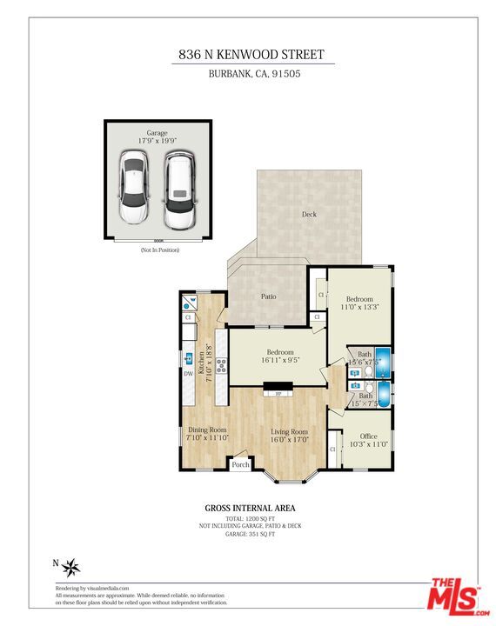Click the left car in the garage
(x=134, y=190)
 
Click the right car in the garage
(x=180, y=190)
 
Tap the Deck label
(x=309, y=214)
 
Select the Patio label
(x=269, y=296)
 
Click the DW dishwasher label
(x=188, y=374)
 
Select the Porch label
(x=240, y=464)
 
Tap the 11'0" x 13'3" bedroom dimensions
(x=359, y=308)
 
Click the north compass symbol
(x=71, y=568)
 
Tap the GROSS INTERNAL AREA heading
(x=250, y=508)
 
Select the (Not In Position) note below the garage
(x=159, y=250)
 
